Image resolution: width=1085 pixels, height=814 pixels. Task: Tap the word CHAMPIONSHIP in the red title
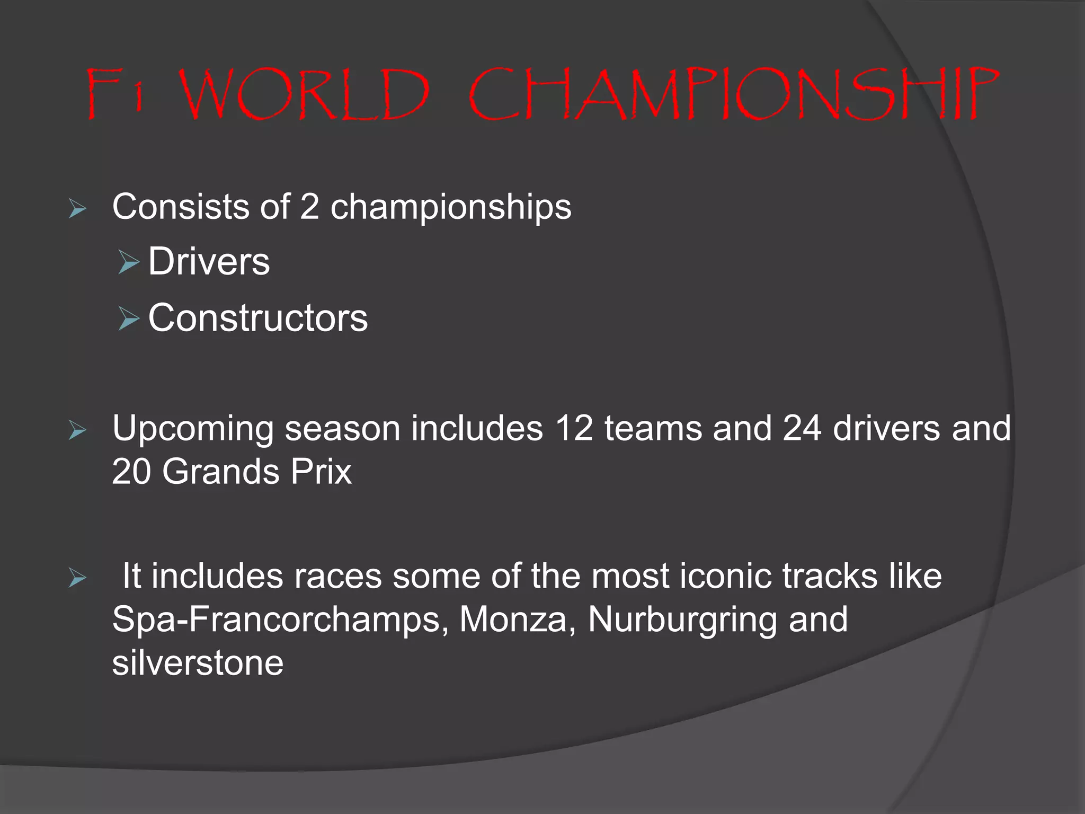733,94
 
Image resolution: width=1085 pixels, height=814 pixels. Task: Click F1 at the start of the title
114,94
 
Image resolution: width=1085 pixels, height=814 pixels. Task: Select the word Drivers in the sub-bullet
209,262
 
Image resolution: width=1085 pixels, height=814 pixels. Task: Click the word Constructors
258,318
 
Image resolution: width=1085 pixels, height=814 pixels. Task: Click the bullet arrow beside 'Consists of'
77,209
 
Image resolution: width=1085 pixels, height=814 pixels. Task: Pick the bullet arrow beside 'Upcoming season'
77,431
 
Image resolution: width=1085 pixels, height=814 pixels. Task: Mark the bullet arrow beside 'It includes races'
77,579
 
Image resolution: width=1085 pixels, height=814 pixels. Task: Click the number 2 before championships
309,207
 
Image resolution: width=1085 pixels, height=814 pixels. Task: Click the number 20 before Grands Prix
131,472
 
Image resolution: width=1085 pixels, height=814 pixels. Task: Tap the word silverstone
198,663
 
